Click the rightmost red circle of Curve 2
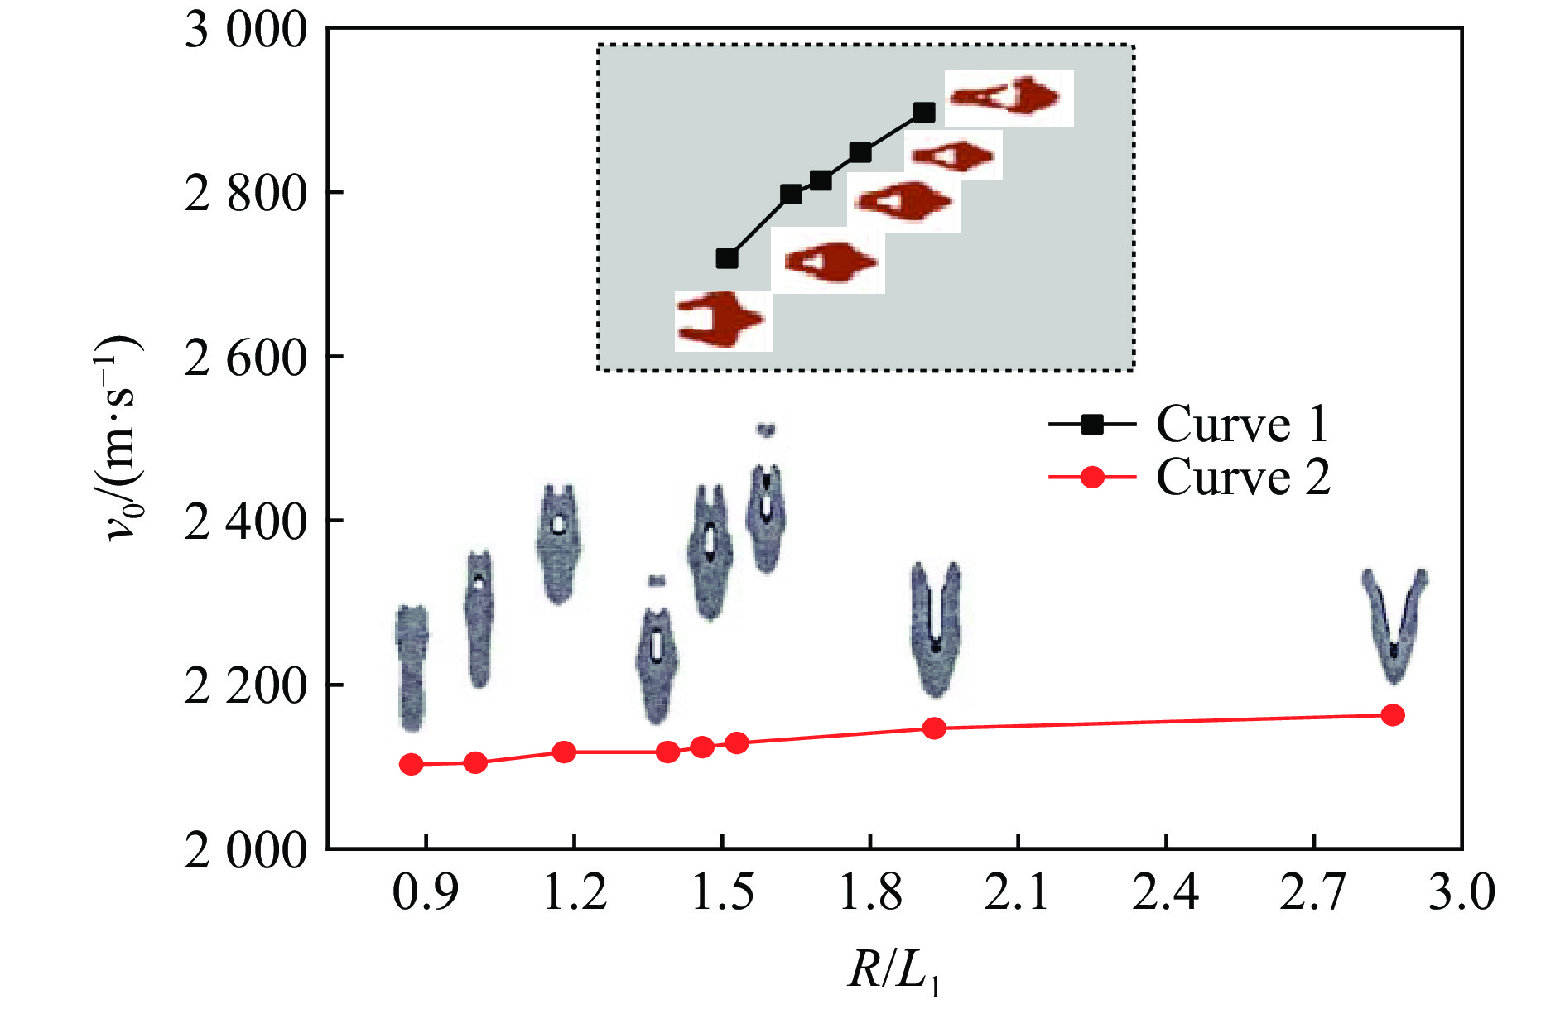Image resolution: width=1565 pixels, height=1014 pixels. (1393, 715)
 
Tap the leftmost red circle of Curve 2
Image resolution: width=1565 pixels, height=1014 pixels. (412, 764)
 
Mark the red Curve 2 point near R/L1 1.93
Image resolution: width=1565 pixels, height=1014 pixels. (934, 728)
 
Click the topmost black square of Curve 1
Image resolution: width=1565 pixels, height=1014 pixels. (924, 113)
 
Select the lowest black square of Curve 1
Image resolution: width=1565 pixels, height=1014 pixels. (726, 258)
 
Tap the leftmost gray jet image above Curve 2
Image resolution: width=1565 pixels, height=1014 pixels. (412, 667)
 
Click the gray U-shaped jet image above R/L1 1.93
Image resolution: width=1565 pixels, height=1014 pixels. (936, 629)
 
